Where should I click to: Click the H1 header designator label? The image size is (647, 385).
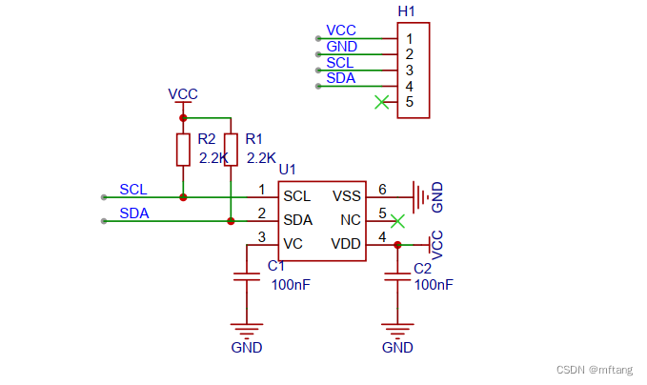(407, 11)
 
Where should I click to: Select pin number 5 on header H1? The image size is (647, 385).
(409, 102)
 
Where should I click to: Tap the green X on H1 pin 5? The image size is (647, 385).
(382, 102)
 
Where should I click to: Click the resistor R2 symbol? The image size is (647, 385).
(183, 150)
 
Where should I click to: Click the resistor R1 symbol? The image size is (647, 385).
(231, 150)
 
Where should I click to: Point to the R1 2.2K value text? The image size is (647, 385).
(260, 158)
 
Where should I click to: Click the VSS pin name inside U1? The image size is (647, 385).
(347, 196)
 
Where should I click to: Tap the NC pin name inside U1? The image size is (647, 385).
(351, 220)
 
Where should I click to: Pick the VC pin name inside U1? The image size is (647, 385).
(293, 244)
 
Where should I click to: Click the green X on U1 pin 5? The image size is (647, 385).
(399, 220)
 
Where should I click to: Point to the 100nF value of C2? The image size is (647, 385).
(433, 285)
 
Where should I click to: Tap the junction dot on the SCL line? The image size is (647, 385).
(183, 197)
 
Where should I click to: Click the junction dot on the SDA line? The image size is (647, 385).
(231, 221)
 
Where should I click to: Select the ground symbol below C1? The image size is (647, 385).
(247, 329)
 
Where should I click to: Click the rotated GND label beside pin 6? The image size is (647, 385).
(437, 196)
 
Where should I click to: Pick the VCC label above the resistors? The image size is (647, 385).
(183, 94)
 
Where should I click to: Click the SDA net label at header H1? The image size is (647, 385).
(340, 78)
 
